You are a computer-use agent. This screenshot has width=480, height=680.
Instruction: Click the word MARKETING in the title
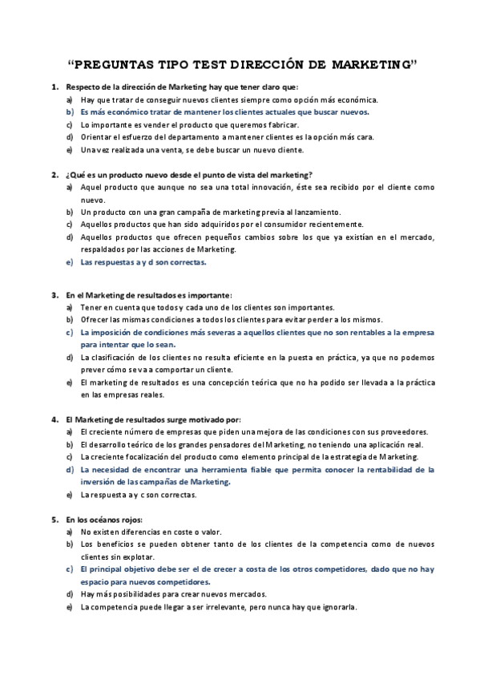click(x=368, y=63)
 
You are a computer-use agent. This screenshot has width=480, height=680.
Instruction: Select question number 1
click(x=54, y=87)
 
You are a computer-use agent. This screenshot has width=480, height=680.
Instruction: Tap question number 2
click(x=54, y=174)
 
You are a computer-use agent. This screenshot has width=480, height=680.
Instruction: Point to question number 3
click(x=54, y=295)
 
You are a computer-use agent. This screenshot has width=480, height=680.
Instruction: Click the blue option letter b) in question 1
click(x=70, y=112)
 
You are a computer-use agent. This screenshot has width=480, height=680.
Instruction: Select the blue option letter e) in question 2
click(x=70, y=262)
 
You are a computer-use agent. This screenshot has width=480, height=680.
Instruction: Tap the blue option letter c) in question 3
click(x=70, y=332)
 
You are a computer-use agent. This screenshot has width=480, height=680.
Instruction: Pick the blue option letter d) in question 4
click(x=70, y=470)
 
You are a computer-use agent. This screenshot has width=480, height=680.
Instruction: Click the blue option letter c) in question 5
click(x=70, y=569)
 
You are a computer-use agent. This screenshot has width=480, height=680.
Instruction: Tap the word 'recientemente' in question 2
click(x=333, y=225)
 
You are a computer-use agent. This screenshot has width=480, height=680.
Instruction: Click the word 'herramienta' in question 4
click(x=258, y=470)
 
